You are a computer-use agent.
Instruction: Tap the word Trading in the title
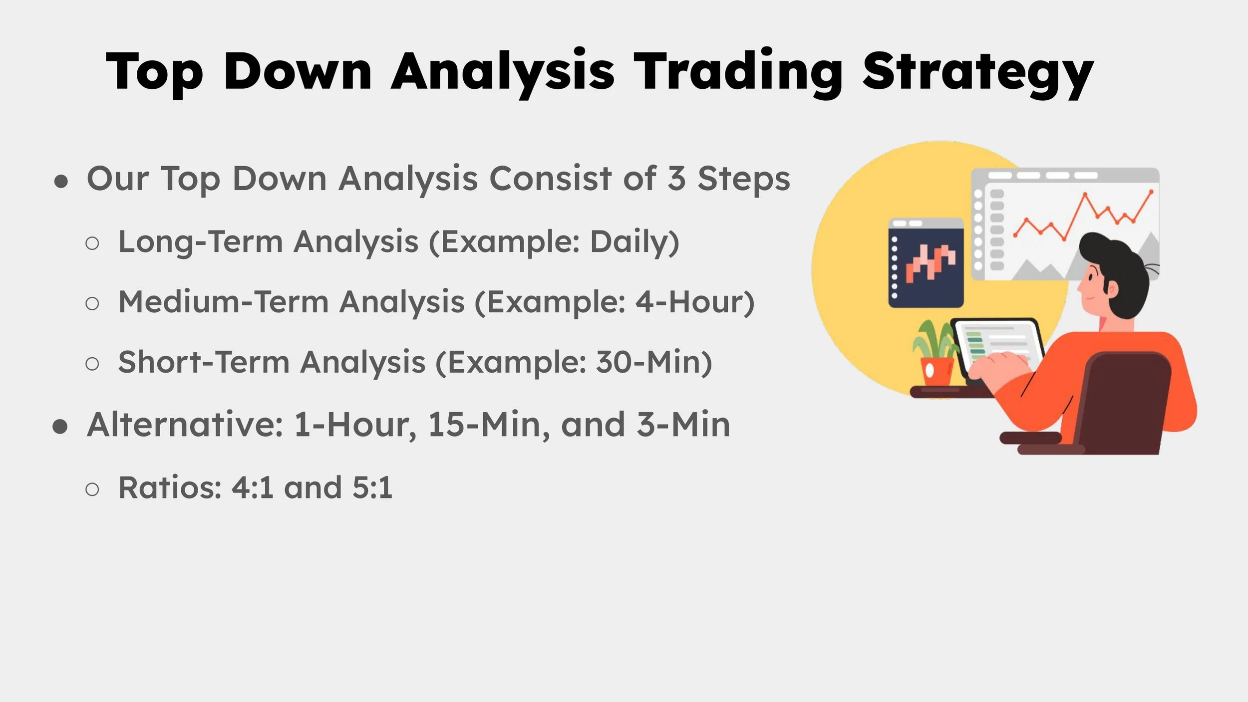(x=738, y=72)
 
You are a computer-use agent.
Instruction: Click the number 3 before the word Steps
(x=676, y=179)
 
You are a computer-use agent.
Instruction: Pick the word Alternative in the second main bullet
(x=185, y=425)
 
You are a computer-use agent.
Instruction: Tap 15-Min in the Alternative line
(x=488, y=425)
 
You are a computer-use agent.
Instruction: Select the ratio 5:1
(x=372, y=487)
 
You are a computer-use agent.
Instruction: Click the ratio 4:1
(x=253, y=487)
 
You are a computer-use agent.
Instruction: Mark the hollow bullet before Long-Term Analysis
(x=92, y=243)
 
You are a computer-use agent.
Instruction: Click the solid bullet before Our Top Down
(x=61, y=182)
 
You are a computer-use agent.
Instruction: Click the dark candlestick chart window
(x=926, y=263)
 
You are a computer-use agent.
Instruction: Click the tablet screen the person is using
(x=997, y=344)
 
